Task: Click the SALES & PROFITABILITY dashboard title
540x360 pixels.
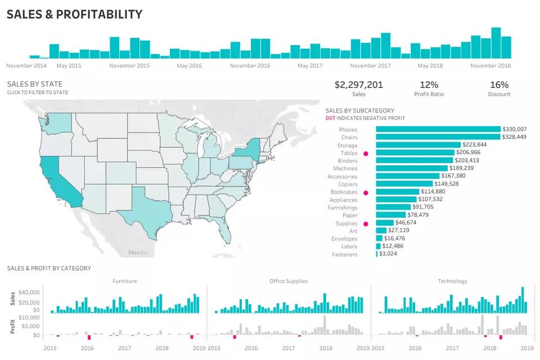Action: point(74,15)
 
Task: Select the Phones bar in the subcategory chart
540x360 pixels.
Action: point(438,129)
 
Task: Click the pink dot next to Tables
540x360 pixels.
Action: point(366,153)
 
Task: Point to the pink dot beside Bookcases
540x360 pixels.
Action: point(366,192)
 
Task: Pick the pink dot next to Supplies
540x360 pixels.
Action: point(366,224)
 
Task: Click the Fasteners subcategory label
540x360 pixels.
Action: point(344,255)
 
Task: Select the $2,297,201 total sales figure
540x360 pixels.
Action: point(358,85)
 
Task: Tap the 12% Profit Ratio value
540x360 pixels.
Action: point(429,85)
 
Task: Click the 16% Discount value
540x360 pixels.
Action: point(499,85)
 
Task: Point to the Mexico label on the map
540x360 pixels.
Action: point(138,253)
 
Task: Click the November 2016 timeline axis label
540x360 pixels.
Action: point(250,66)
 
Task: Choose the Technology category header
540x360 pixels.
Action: point(452,281)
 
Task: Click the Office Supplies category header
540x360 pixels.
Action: point(288,281)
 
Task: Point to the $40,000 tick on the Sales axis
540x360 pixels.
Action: point(28,292)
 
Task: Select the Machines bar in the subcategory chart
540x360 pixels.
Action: point(412,168)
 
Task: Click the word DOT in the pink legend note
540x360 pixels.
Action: point(331,118)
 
